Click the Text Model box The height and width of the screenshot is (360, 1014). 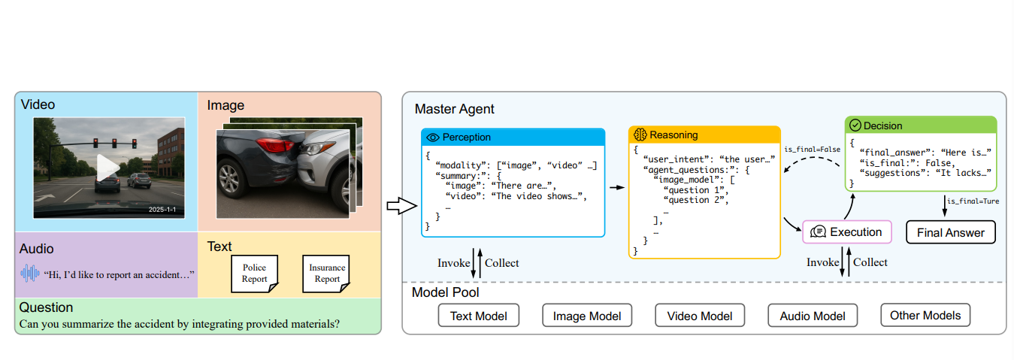(x=478, y=316)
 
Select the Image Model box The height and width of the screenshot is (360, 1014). (x=587, y=316)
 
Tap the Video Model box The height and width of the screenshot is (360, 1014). (x=700, y=316)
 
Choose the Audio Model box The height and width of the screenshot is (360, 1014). (x=813, y=316)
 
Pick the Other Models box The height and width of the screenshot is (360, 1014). (x=925, y=315)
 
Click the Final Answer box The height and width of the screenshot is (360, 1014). (x=951, y=232)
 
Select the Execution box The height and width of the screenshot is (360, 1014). (x=847, y=232)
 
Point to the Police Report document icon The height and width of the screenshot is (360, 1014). (x=254, y=274)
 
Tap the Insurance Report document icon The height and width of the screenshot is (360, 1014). (x=327, y=274)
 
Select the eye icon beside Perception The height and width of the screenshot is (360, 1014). (x=432, y=138)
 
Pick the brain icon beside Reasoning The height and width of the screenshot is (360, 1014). (x=640, y=135)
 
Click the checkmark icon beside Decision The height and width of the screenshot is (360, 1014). (x=855, y=126)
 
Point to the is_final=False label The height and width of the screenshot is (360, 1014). (x=812, y=150)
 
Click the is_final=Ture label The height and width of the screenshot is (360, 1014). (x=973, y=201)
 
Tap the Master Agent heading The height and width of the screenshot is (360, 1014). (x=455, y=110)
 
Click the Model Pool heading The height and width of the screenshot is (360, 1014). (x=446, y=292)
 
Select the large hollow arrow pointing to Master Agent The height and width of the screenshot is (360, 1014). (x=396, y=206)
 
